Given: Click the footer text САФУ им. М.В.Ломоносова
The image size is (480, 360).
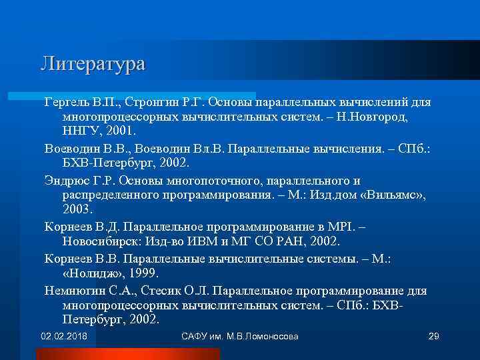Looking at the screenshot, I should pos(239,336).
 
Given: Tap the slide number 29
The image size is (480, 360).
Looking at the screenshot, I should pos(433,336).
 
